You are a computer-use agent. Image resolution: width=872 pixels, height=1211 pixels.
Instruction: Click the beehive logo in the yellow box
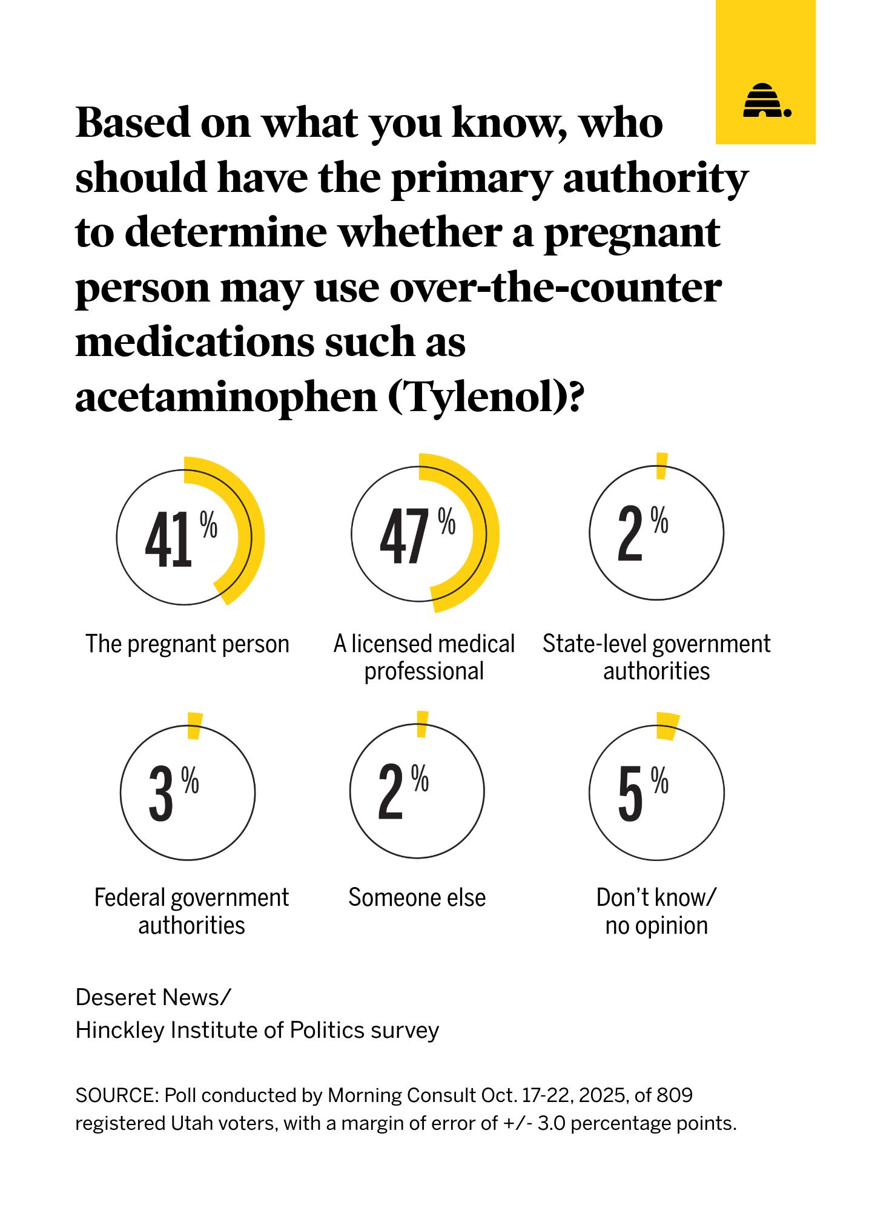click(765, 101)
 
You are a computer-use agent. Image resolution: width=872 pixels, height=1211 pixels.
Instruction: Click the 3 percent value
click(161, 794)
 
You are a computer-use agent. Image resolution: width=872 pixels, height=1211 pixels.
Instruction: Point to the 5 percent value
click(630, 794)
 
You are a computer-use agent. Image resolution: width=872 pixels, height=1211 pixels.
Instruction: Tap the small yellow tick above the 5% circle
click(667, 726)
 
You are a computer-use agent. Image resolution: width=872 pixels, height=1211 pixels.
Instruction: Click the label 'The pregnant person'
click(187, 644)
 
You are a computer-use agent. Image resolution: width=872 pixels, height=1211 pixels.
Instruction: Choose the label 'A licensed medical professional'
click(424, 658)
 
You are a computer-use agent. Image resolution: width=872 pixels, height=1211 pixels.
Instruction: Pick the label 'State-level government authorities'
click(656, 658)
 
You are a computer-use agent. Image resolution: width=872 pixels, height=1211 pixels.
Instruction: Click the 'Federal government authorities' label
click(191, 911)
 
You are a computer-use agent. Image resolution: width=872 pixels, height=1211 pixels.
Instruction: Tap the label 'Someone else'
click(417, 897)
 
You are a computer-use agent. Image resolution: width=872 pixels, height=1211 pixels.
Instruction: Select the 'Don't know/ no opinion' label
click(656, 911)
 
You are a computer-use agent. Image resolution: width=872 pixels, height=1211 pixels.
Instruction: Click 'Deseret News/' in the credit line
click(153, 997)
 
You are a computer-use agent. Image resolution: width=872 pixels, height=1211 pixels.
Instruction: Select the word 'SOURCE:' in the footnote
click(116, 1095)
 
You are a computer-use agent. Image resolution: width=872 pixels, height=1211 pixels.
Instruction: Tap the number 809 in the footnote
click(675, 1095)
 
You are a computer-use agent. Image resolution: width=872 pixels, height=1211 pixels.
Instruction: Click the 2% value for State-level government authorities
click(630, 534)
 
